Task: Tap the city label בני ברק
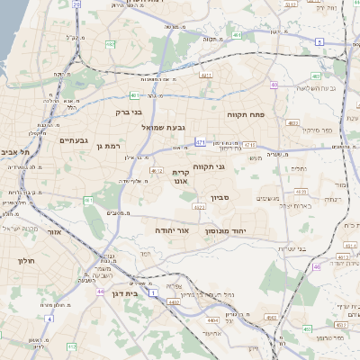(130, 113)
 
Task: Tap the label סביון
(221, 198)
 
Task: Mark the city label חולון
(24, 261)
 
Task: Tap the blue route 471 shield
(200, 142)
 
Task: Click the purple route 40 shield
(273, 85)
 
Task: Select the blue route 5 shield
(319, 42)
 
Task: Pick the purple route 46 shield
(317, 267)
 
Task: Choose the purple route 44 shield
(99, 292)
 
